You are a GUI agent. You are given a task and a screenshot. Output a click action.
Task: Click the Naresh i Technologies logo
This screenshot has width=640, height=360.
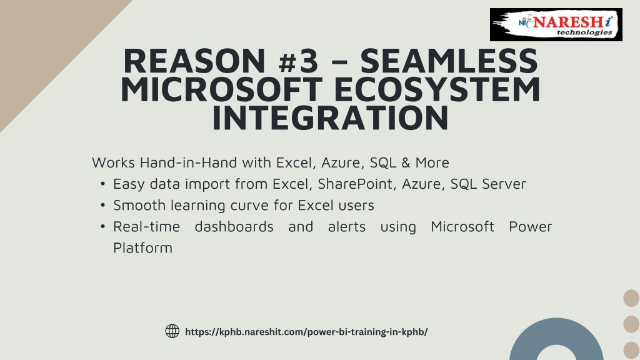coord(556,24)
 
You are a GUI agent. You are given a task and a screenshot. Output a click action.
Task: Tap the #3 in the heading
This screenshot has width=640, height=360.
coord(298,61)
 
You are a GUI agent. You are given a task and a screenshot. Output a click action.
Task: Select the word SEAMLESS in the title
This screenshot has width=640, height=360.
coord(449,61)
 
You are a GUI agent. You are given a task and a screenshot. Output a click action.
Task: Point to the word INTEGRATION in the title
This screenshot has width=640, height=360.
coord(330,118)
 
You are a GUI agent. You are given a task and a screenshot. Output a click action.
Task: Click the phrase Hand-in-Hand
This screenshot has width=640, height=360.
coord(188,162)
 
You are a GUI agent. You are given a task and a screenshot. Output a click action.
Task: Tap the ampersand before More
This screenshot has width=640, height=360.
coord(406,162)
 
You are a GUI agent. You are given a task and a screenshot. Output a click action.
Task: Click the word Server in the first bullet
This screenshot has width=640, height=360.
coord(504,184)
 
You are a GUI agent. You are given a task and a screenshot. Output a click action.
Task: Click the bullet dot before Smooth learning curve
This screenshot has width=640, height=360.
coord(103,205)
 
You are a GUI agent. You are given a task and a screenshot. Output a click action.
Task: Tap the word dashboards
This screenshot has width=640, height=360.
coord(234,226)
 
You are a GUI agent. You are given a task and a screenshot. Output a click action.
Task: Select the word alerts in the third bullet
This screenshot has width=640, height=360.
coord(347,226)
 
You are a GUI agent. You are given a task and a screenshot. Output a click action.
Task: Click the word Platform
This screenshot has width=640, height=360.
coord(142,247)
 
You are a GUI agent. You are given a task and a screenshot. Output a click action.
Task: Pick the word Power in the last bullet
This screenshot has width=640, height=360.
coord(530,226)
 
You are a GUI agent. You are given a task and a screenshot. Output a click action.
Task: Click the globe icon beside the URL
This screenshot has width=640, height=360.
coord(172,331)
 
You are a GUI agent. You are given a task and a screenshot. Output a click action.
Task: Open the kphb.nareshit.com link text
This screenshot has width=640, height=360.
coord(306,332)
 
